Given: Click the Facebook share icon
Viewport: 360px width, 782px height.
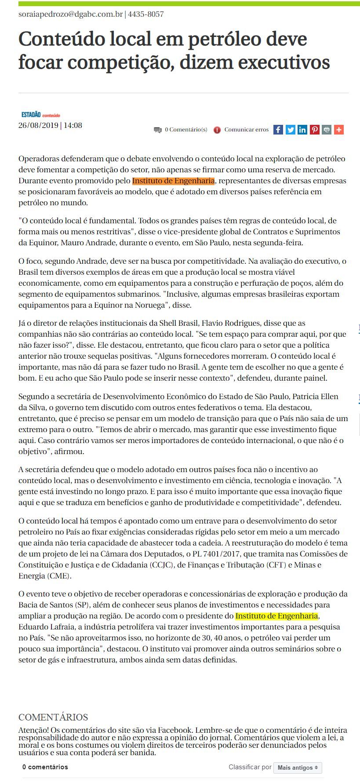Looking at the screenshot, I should (x=278, y=130).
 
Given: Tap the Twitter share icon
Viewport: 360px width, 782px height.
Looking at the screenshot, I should (x=290, y=130).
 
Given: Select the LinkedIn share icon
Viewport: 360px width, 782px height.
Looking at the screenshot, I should (x=302, y=130).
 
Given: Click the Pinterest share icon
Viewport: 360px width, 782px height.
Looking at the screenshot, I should (x=314, y=130).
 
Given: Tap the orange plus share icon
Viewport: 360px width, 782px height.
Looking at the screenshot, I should (x=338, y=130).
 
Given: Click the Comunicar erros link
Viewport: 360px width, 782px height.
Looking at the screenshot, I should (x=246, y=130).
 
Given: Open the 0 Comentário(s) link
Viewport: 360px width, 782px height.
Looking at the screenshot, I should (x=185, y=130).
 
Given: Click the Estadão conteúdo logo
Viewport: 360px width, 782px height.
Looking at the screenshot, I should (x=40, y=115).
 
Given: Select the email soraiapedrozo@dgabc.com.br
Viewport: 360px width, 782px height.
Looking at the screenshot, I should (x=70, y=14).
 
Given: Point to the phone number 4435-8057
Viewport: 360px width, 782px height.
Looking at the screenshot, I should (x=146, y=14).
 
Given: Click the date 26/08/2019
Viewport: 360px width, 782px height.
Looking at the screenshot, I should (x=38, y=125).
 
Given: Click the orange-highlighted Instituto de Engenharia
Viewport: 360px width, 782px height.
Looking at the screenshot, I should (x=173, y=181).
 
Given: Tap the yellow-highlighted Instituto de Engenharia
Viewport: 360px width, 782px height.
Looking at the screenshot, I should (x=276, y=616).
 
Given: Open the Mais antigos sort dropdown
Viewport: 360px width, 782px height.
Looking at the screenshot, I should (x=298, y=767).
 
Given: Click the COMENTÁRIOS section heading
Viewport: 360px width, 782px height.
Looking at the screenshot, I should (x=53, y=717).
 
